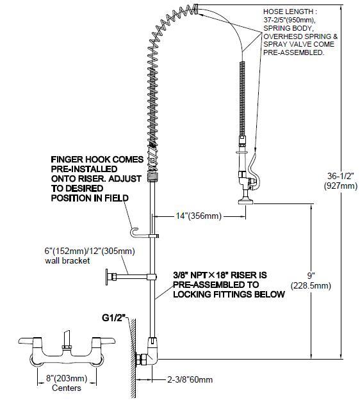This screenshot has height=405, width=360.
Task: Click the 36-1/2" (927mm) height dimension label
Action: [341, 181]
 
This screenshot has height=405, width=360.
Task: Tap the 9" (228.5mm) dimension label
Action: [311, 281]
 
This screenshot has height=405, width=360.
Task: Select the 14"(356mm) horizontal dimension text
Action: [199, 216]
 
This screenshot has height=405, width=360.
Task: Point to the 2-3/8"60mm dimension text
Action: [190, 379]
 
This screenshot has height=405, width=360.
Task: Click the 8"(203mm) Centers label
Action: [67, 383]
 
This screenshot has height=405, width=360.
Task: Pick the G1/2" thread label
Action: [114, 318]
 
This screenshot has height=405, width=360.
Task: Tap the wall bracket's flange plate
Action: [107, 277]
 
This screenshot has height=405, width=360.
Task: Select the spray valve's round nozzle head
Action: [245, 201]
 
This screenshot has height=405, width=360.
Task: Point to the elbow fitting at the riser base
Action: [153, 351]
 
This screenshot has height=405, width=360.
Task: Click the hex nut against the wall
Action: [141, 360]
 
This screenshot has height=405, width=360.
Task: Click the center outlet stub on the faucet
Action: [67, 338]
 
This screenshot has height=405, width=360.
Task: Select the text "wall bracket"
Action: [67, 260]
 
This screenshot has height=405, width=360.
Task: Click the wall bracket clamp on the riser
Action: [152, 277]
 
